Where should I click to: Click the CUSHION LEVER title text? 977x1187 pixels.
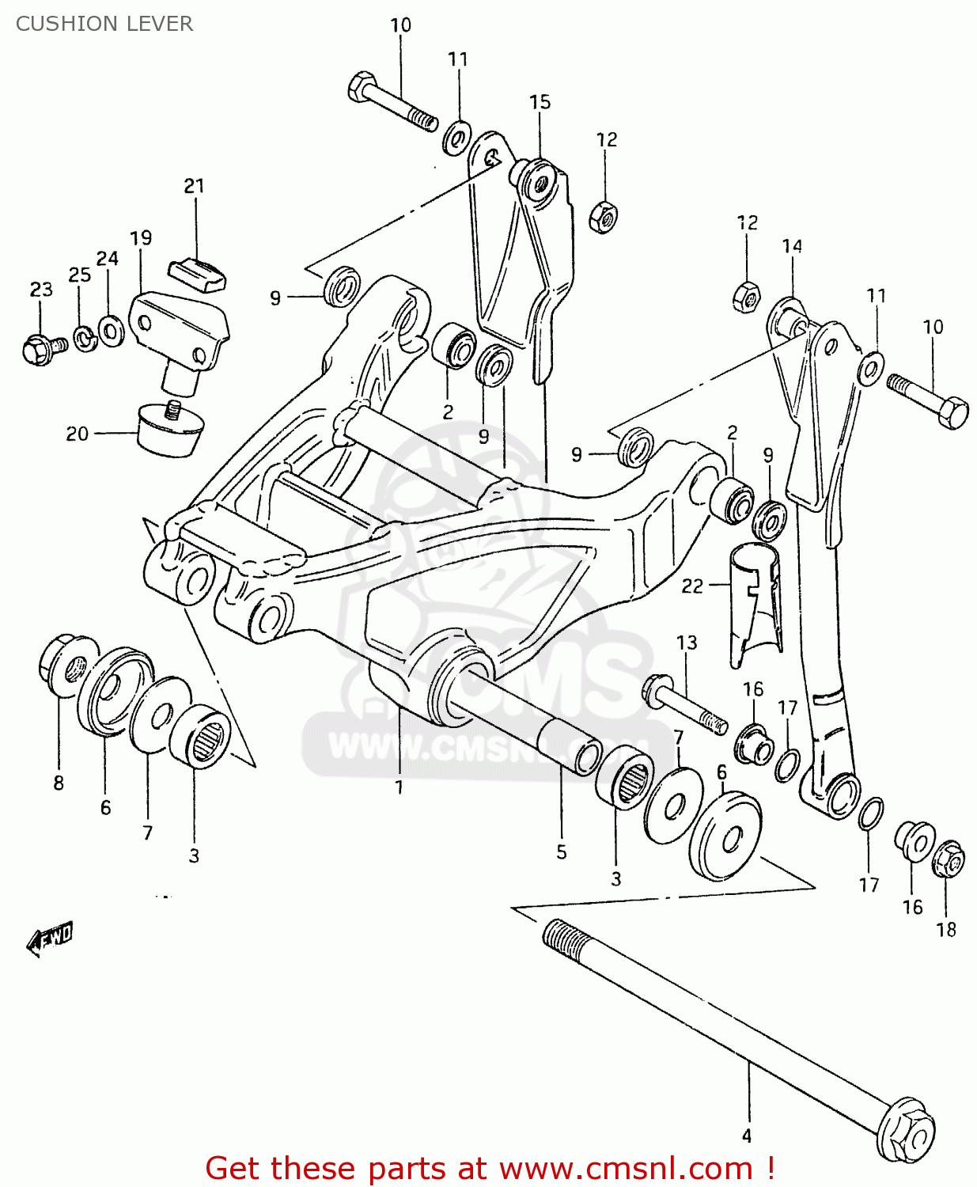pyautogui.click(x=104, y=24)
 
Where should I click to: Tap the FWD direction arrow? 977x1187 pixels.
pyautogui.click(x=50, y=939)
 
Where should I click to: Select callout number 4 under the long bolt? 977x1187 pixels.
pyautogui.click(x=746, y=1136)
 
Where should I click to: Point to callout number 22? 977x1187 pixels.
pyautogui.click(x=691, y=586)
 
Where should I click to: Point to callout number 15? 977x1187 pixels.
pyautogui.click(x=540, y=102)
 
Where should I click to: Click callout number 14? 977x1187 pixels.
pyautogui.click(x=792, y=246)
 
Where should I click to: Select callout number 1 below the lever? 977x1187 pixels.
pyautogui.click(x=400, y=787)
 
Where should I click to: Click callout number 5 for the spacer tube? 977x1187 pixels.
pyautogui.click(x=561, y=851)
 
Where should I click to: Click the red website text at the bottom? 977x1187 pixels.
pyautogui.click(x=489, y=1168)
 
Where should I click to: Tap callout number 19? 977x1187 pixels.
pyautogui.click(x=141, y=238)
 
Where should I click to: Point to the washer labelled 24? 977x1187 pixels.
pyautogui.click(x=111, y=330)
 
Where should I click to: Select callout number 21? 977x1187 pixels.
pyautogui.click(x=194, y=186)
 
